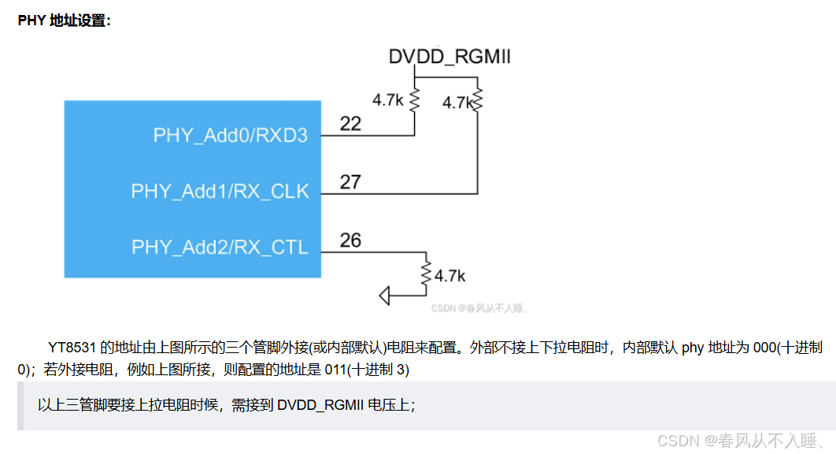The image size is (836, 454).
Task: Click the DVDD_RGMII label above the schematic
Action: tap(449, 57)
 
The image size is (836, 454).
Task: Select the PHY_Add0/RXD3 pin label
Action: tap(230, 135)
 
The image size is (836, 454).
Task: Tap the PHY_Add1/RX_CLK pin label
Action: tap(220, 192)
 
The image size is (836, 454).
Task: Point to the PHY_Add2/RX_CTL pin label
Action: tap(220, 247)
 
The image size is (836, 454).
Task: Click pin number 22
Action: tap(350, 124)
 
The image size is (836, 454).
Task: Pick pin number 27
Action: tap(350, 182)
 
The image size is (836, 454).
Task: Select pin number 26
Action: tap(350, 240)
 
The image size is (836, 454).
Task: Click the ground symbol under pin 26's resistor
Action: tap(386, 296)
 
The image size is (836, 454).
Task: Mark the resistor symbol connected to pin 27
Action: tap(477, 102)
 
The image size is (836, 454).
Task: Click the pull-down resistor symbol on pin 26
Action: tap(426, 274)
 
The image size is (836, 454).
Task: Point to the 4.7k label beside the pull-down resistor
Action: tap(449, 276)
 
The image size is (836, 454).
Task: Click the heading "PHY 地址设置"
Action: tap(65, 20)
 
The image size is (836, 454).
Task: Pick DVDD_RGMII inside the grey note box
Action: tap(320, 405)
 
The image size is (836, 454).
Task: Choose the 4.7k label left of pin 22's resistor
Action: tap(388, 100)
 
